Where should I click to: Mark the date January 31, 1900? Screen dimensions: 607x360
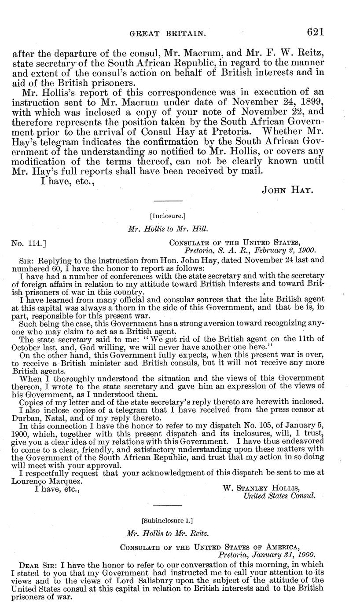click(281, 555)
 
